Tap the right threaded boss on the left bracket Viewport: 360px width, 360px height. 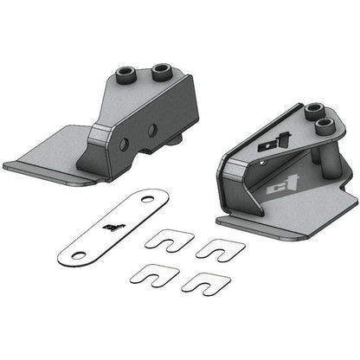point(161,69)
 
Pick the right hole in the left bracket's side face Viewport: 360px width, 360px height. point(152,131)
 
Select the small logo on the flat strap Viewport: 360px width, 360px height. point(110,228)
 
